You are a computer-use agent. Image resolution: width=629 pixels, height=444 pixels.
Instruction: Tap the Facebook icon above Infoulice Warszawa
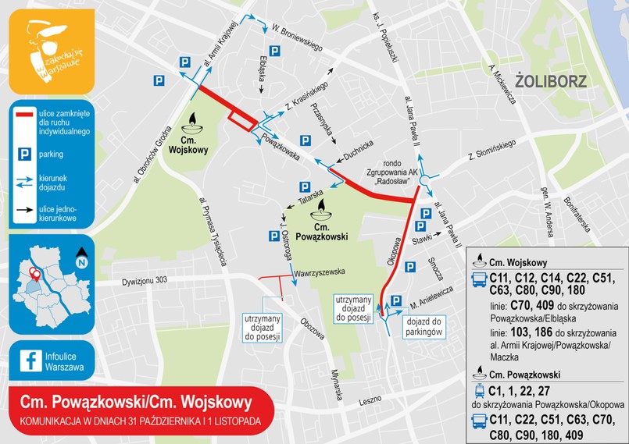(x=32, y=360)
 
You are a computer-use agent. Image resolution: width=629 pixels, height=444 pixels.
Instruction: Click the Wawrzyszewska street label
(x=320, y=272)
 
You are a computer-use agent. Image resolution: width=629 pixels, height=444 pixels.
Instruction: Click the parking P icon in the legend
(x=23, y=154)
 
